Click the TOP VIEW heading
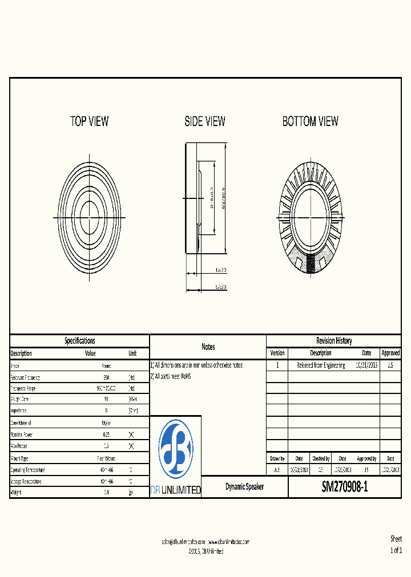(89, 121)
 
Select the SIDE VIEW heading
(205, 121)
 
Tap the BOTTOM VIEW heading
(310, 121)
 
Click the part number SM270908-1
(345, 487)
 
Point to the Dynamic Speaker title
(244, 487)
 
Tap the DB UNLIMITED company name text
(175, 490)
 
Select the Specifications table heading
(79, 341)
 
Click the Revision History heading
(334, 341)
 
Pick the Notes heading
(208, 347)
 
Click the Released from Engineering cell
(321, 365)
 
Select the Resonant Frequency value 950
(106, 377)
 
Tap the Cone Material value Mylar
(106, 423)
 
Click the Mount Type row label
(19, 458)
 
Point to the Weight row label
(16, 493)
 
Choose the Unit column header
(132, 353)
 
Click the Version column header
(277, 353)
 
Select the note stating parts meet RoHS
(171, 376)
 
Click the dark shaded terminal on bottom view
(311, 263)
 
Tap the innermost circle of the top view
(89, 215)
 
